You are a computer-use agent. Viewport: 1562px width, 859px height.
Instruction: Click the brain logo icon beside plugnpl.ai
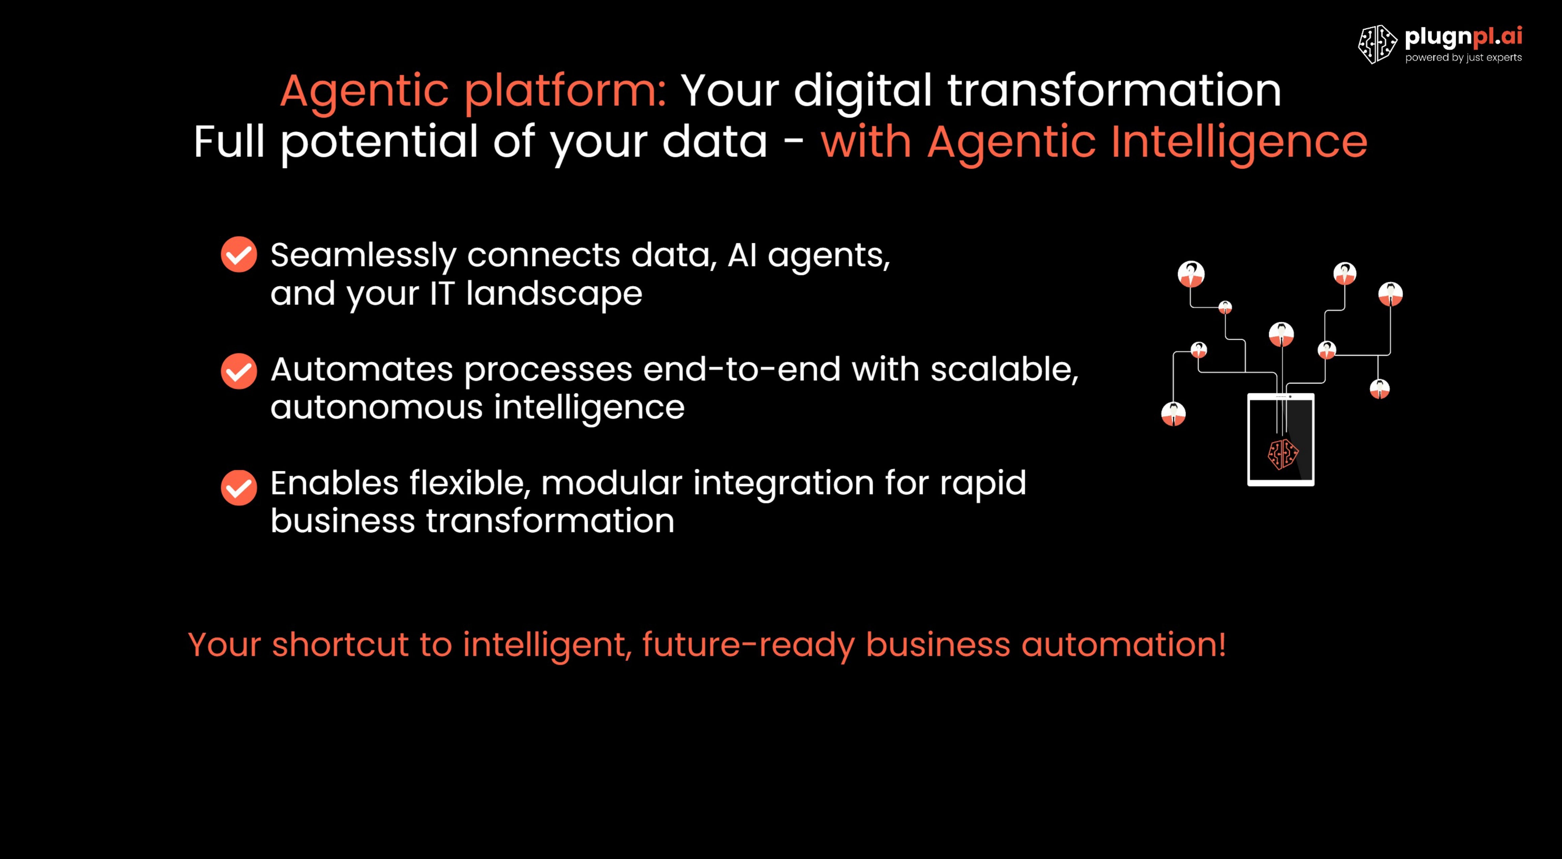(1377, 44)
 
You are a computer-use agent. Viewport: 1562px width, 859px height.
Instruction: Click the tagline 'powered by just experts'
(1463, 58)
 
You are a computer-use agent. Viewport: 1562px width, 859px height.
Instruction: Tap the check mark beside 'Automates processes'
(239, 371)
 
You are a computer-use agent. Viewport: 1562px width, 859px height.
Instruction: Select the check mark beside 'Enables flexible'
(239, 487)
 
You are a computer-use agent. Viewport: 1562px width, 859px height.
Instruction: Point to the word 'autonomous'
(376, 407)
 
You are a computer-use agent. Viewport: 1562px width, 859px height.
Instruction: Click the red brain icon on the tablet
(1283, 454)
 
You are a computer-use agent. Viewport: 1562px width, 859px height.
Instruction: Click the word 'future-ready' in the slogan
(748, 645)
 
